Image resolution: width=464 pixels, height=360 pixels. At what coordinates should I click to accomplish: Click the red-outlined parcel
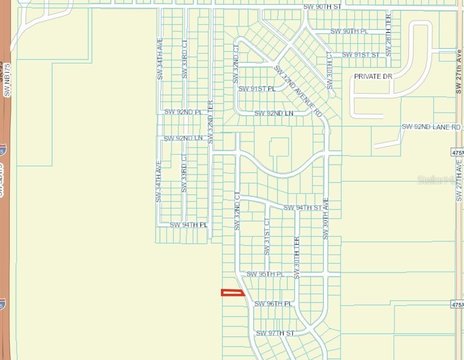(233, 293)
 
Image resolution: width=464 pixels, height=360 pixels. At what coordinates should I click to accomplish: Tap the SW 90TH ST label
(322, 7)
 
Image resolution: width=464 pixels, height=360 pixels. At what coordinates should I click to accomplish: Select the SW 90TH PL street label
(349, 31)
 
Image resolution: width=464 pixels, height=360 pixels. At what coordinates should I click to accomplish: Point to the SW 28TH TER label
(389, 35)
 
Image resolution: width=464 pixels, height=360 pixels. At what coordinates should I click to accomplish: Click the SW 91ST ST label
(361, 54)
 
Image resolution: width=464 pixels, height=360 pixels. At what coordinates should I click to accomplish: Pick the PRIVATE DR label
(373, 77)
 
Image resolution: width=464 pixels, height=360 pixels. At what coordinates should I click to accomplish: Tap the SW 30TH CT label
(329, 71)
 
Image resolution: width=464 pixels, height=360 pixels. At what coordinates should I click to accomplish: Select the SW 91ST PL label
(257, 89)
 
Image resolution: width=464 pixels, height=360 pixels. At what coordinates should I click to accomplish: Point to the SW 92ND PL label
(183, 112)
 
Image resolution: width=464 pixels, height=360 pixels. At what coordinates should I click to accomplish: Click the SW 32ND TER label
(210, 122)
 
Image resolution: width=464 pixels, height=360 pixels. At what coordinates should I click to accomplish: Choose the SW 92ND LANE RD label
(431, 127)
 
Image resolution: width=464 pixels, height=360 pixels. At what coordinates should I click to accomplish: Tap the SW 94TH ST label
(303, 208)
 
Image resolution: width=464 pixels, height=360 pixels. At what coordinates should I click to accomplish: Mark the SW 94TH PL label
(189, 225)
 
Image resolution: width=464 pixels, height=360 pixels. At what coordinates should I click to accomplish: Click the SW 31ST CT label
(267, 237)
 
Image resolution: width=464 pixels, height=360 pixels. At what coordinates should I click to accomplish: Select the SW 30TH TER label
(296, 258)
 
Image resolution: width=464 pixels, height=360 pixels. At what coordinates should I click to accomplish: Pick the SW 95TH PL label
(265, 274)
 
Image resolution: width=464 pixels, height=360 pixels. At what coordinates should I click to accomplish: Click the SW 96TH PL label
(273, 304)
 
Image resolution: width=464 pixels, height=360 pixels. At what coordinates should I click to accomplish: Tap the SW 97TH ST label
(275, 333)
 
